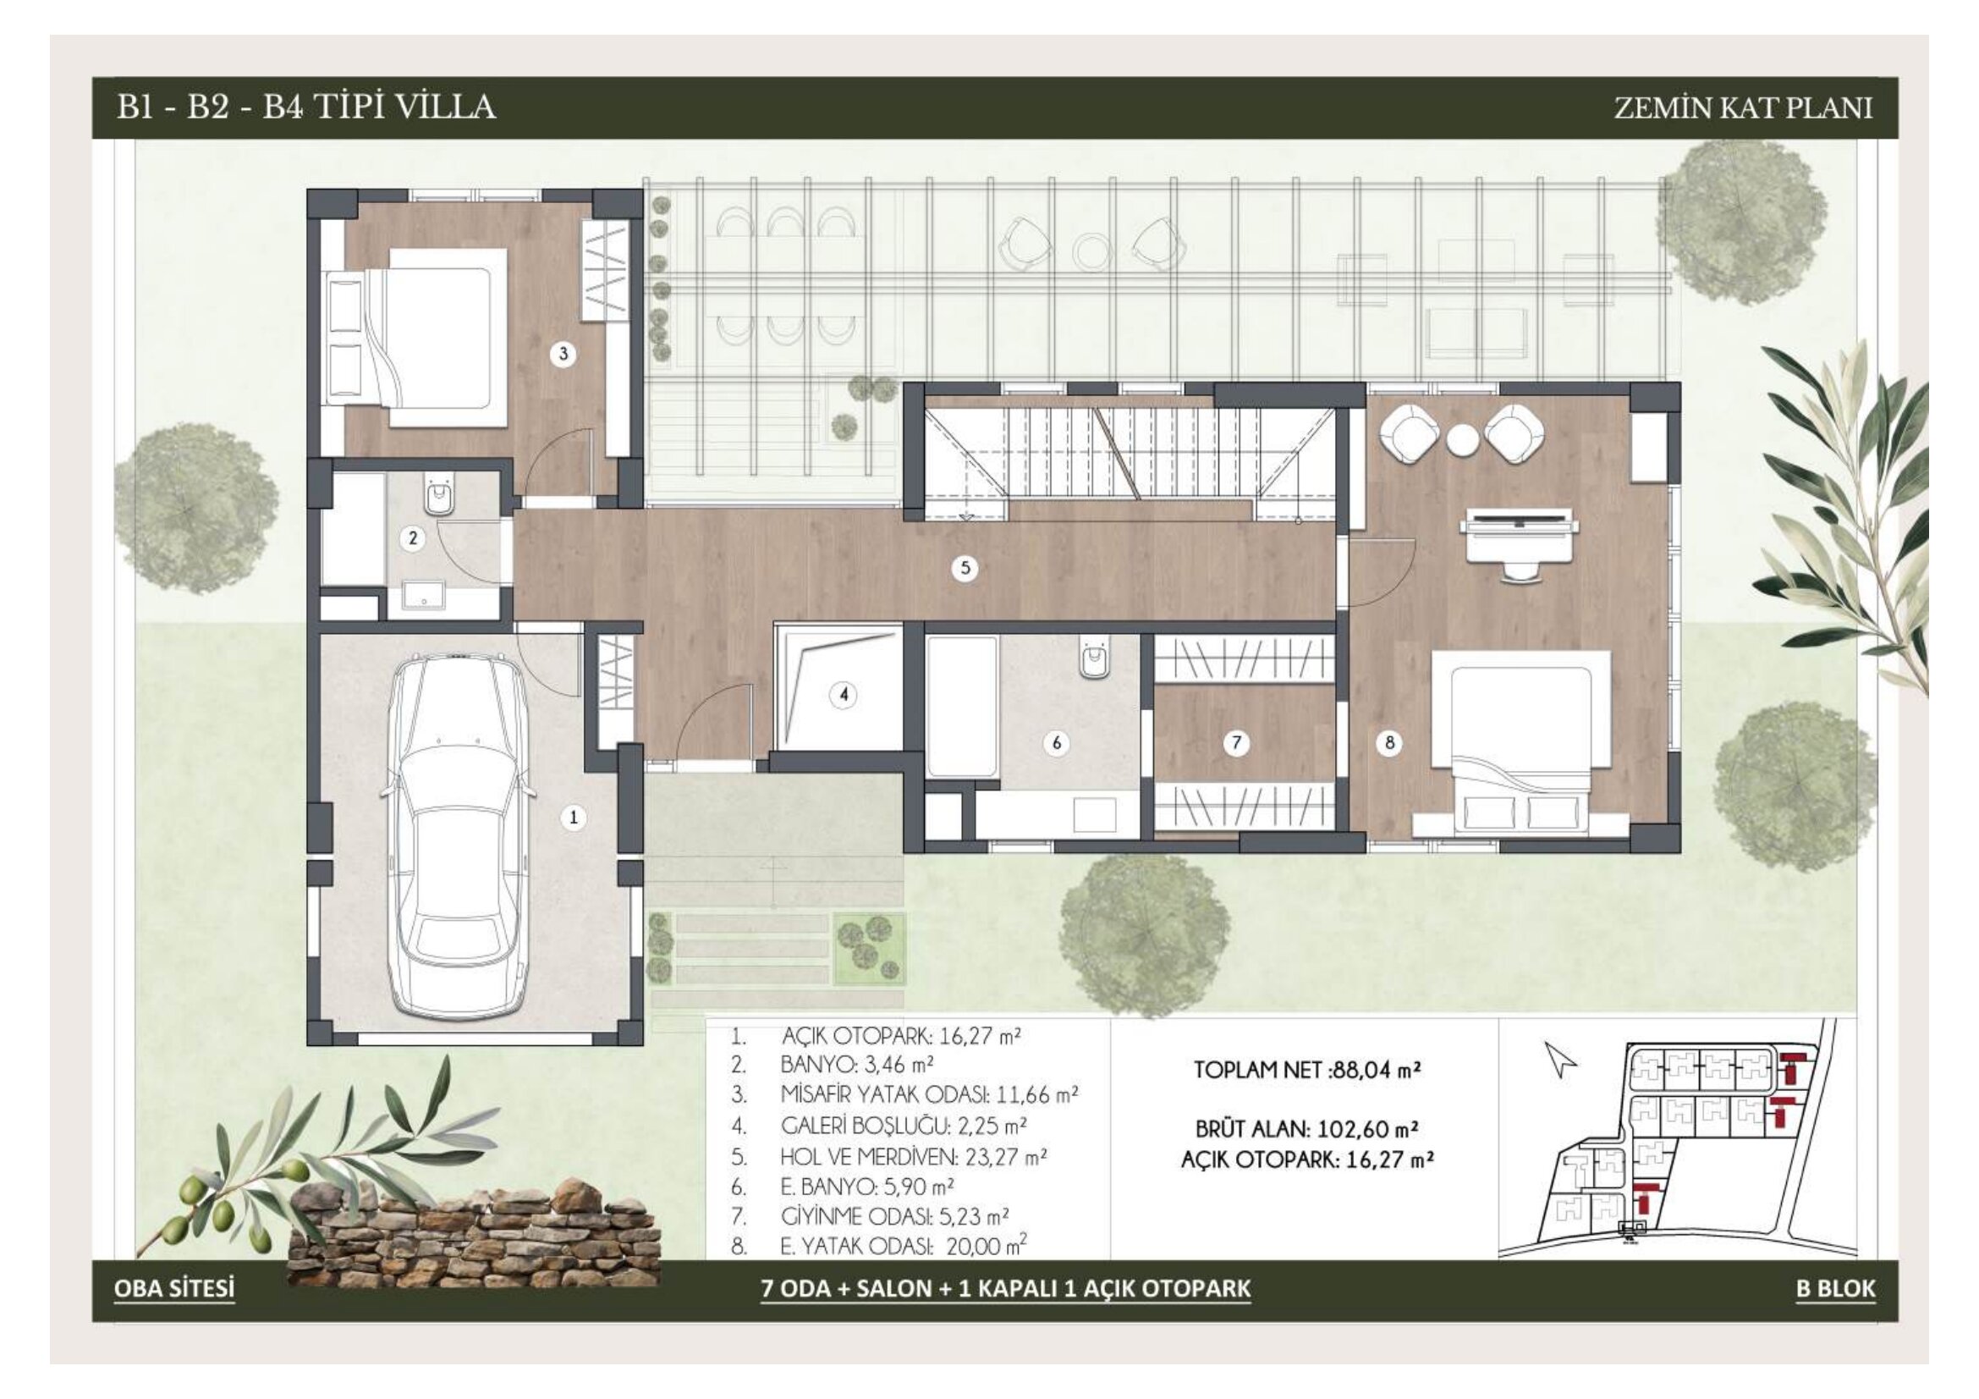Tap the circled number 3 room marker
click(x=563, y=354)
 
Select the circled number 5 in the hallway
click(x=965, y=568)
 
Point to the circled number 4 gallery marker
click(x=844, y=694)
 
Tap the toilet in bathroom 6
click(x=1095, y=662)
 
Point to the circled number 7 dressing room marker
click(x=1237, y=742)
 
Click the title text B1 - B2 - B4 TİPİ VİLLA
click(x=306, y=107)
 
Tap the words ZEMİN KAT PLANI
click(x=1743, y=107)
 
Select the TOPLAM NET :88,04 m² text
click(x=1306, y=1070)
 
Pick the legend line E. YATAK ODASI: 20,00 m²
click(x=904, y=1246)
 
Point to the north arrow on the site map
click(x=1560, y=1060)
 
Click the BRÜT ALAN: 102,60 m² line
click(x=1306, y=1128)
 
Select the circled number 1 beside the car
click(x=574, y=818)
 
